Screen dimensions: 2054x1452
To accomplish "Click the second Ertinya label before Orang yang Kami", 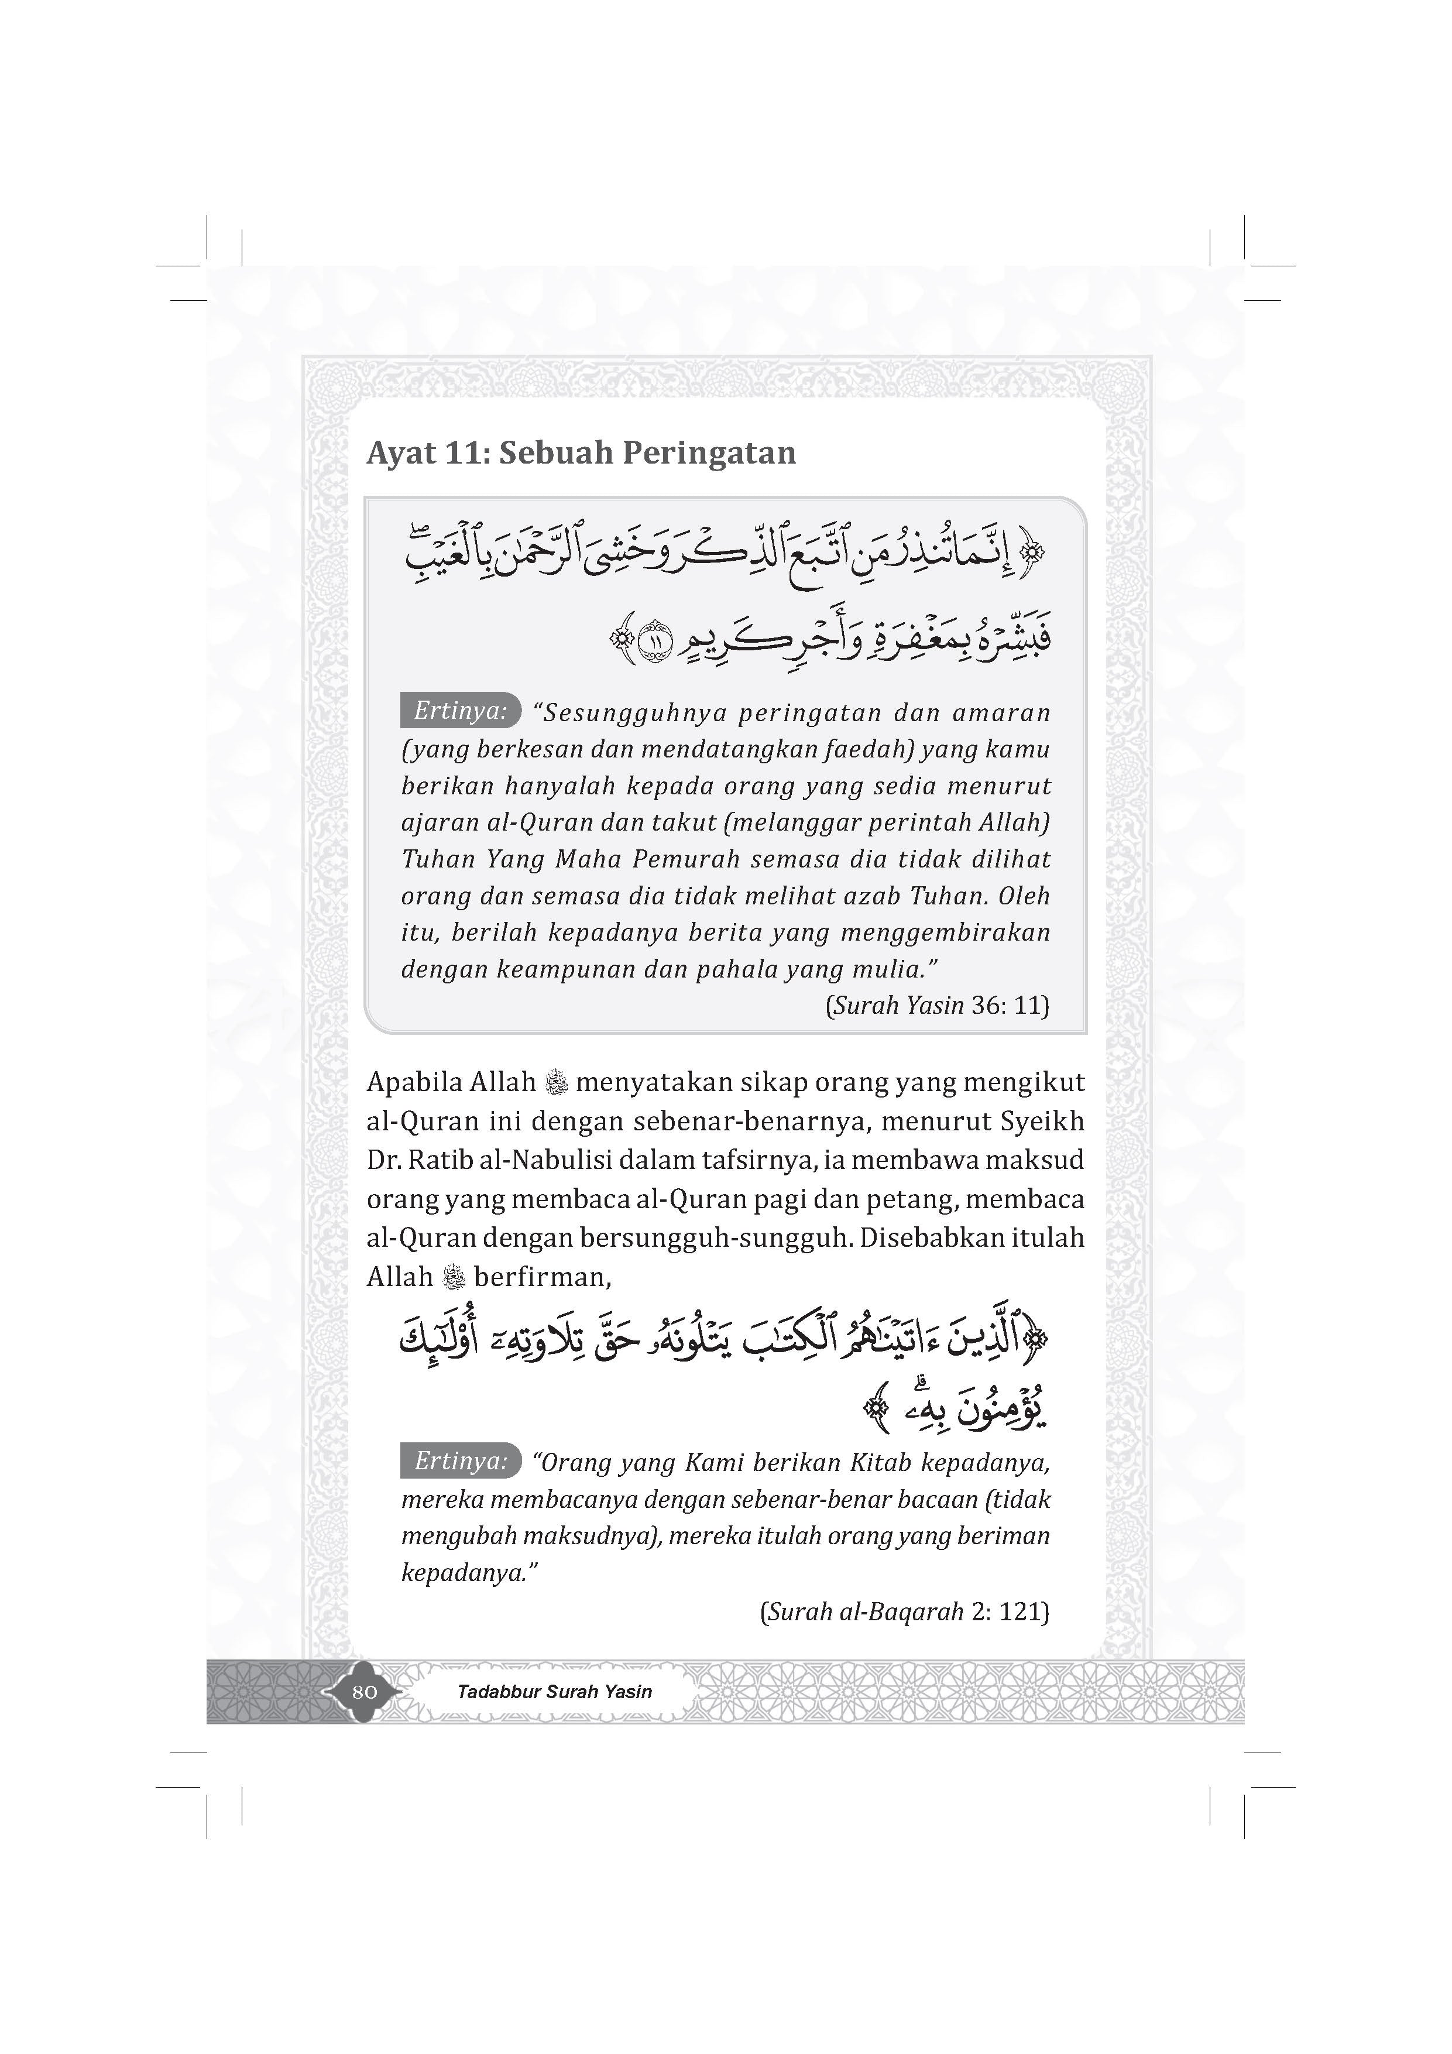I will pos(460,1461).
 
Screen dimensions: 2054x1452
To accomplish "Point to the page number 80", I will pos(364,1692).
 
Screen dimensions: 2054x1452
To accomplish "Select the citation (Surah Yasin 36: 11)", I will pos(936,1006).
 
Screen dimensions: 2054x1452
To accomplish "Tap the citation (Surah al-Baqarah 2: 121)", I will pos(904,1612).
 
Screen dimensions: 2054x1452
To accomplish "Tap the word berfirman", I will pos(542,1277).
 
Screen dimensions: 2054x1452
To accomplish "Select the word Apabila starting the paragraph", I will pos(411,1082).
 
